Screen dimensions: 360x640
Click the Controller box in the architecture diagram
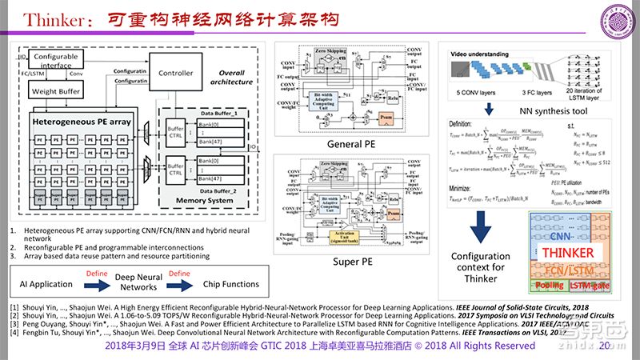coord(176,72)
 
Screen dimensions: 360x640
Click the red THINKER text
coord(568,253)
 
